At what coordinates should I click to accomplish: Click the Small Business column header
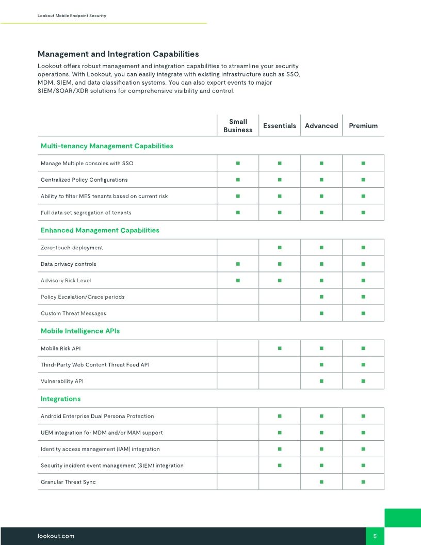point(238,126)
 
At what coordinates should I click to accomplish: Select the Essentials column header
point(280,126)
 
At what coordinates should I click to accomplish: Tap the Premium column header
point(363,126)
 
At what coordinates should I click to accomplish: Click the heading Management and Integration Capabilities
point(118,54)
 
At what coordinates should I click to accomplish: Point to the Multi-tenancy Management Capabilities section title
point(107,146)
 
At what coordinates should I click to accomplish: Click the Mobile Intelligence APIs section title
point(80,331)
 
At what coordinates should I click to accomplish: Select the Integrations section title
point(61,399)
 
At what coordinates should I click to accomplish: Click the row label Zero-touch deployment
point(72,248)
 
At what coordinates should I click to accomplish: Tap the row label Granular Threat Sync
point(68,482)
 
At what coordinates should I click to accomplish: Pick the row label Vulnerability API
point(62,381)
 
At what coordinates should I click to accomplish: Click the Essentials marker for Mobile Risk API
point(280,348)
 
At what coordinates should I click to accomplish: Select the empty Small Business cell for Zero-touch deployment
point(238,248)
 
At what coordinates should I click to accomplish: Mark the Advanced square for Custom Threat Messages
point(321,313)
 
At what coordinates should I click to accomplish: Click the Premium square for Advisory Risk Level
point(363,280)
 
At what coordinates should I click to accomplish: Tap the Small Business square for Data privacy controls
point(238,264)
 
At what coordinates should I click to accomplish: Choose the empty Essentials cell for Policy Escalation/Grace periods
point(280,297)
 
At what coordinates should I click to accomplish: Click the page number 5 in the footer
point(375,536)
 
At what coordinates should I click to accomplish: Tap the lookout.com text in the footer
point(56,536)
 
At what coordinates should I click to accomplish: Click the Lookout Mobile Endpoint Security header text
point(72,16)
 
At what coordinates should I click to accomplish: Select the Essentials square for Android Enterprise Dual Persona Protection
point(280,416)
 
